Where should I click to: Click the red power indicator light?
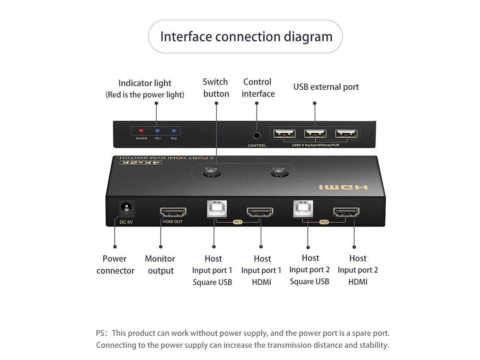141,131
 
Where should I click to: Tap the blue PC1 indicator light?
157,131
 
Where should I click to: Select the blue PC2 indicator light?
174,131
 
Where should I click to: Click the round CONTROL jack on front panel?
256,136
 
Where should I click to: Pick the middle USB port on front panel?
315,133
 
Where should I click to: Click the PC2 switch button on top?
212,174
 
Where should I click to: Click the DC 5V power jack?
126,208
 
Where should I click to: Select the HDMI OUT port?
173,212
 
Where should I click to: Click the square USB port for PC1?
217,209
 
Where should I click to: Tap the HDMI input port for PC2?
346,212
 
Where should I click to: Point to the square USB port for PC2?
303,208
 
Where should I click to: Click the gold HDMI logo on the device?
343,187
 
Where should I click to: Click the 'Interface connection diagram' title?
246,37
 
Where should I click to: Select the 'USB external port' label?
326,87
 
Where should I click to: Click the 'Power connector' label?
115,264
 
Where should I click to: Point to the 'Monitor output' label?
160,264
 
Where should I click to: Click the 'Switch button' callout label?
216,88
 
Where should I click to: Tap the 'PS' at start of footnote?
100,333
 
